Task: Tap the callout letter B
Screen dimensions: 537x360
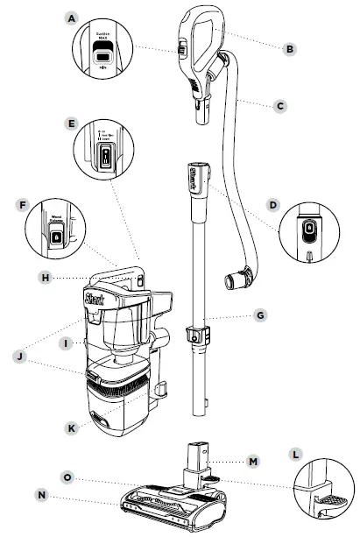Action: point(290,48)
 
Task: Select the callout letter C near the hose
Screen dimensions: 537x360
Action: point(279,105)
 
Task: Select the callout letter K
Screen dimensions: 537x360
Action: point(74,427)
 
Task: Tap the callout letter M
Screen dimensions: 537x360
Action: point(253,461)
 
